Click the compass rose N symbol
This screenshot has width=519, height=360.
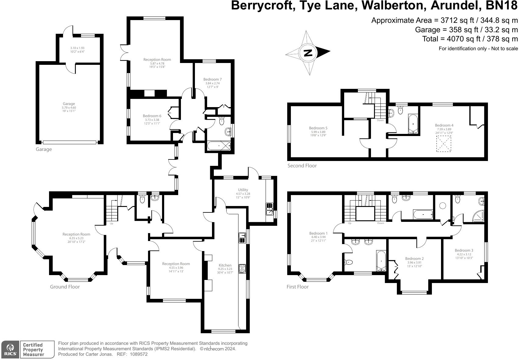[308, 53]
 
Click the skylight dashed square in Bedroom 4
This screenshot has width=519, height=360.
[444, 144]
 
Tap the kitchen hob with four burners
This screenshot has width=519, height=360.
[242, 269]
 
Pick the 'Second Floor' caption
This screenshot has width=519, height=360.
[302, 166]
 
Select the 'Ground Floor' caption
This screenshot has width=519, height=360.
[65, 287]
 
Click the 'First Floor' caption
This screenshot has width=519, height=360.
[298, 287]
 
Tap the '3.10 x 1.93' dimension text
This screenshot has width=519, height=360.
[77, 48]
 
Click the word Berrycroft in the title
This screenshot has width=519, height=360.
[262, 6]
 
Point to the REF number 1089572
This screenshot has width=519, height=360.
[139, 354]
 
